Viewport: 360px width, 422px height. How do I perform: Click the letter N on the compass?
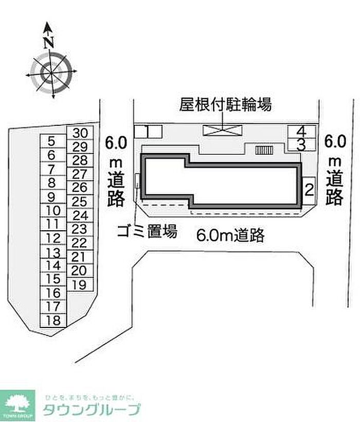click(49, 42)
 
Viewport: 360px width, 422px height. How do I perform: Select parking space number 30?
click(81, 133)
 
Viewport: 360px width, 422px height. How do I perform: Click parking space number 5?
click(51, 141)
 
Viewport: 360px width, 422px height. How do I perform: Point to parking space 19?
click(79, 284)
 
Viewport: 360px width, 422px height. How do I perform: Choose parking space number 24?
click(80, 215)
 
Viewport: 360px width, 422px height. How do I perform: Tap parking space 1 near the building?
click(148, 132)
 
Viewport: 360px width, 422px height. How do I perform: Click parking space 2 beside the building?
click(309, 191)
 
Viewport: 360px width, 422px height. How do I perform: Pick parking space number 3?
click(301, 145)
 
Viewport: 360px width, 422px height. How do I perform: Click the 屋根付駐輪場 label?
click(225, 105)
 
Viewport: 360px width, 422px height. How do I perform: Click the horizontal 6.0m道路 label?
click(230, 235)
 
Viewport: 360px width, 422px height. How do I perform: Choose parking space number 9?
click(51, 196)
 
